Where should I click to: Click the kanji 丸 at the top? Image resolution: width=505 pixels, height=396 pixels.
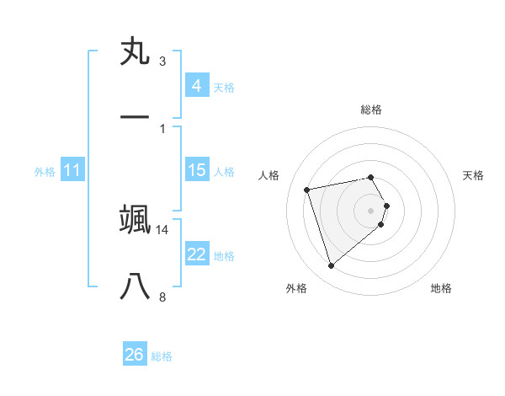135,52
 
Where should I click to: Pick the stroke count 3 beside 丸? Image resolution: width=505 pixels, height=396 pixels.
162,62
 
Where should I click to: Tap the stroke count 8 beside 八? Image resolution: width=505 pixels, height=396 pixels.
162,297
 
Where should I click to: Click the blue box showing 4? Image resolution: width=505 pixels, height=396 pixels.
196,85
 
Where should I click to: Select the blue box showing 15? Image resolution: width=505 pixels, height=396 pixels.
196,170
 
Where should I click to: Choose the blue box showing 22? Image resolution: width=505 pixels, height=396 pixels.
196,254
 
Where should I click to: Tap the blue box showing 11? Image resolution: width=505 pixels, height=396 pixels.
72,170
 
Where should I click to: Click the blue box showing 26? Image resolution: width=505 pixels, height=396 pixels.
135,355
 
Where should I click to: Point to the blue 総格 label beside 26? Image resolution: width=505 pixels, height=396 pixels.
162,356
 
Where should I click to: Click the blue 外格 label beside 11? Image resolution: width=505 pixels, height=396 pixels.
45,172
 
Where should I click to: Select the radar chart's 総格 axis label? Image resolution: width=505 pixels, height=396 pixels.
370,110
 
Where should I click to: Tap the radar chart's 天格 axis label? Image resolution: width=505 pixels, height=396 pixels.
473,175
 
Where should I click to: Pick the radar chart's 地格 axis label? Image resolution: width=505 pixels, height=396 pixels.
441,288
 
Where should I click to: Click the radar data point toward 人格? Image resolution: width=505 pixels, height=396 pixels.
307,189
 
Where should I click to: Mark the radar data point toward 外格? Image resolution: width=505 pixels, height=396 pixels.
331,266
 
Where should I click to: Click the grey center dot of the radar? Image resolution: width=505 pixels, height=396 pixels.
370,210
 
